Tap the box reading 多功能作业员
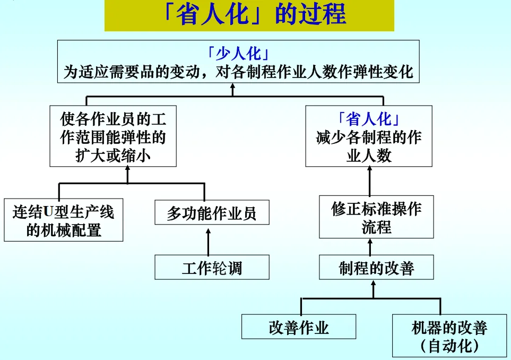click(x=212, y=213)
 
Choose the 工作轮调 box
click(x=212, y=268)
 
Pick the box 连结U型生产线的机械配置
click(x=63, y=220)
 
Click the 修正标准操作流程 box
click(x=376, y=217)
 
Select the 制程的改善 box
click(x=376, y=268)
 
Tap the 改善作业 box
click(x=298, y=327)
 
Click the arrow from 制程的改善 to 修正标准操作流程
click(x=370, y=247)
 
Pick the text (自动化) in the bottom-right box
click(x=449, y=347)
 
